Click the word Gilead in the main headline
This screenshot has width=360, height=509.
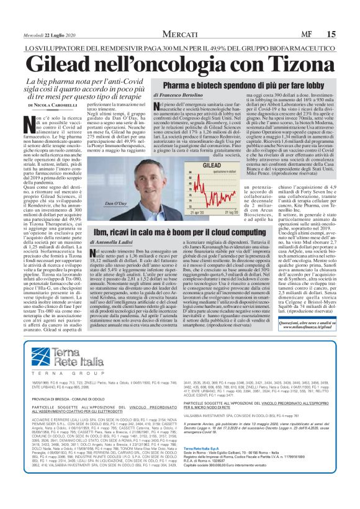[82, 63]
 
